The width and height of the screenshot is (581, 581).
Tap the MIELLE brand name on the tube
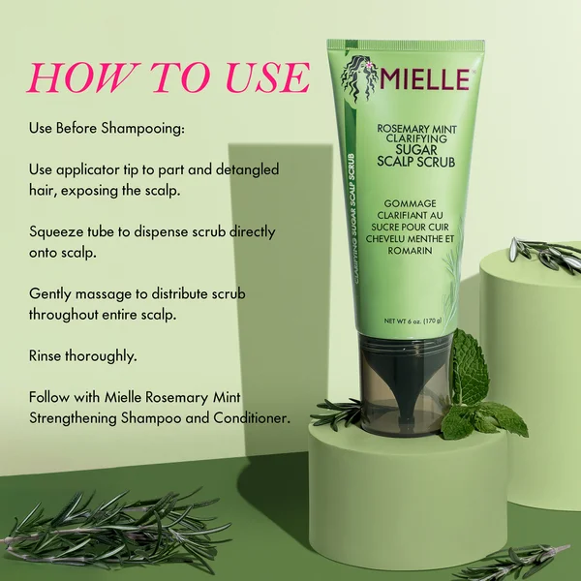(x=423, y=78)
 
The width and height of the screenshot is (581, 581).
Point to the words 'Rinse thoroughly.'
(x=82, y=356)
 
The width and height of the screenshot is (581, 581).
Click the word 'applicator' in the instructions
(x=88, y=169)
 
